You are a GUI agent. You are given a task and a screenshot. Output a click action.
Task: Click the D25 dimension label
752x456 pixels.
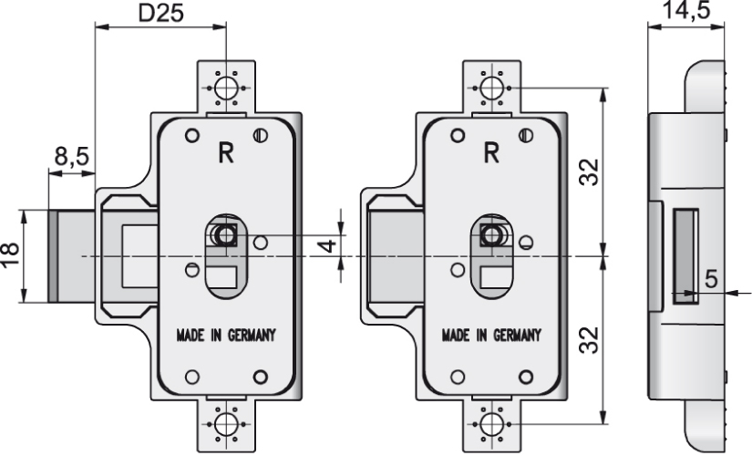(160, 13)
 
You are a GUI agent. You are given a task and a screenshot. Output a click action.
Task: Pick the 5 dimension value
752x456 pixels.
(712, 276)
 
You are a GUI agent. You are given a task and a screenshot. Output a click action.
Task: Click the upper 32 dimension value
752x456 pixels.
(592, 171)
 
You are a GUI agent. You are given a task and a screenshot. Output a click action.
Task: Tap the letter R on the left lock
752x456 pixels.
(224, 153)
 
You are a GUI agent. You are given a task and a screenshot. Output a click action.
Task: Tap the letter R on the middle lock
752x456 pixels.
(490, 153)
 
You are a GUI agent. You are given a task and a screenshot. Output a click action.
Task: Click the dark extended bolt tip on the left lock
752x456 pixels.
(53, 256)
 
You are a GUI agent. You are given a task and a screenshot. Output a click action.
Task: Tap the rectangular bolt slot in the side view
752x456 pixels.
(685, 254)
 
